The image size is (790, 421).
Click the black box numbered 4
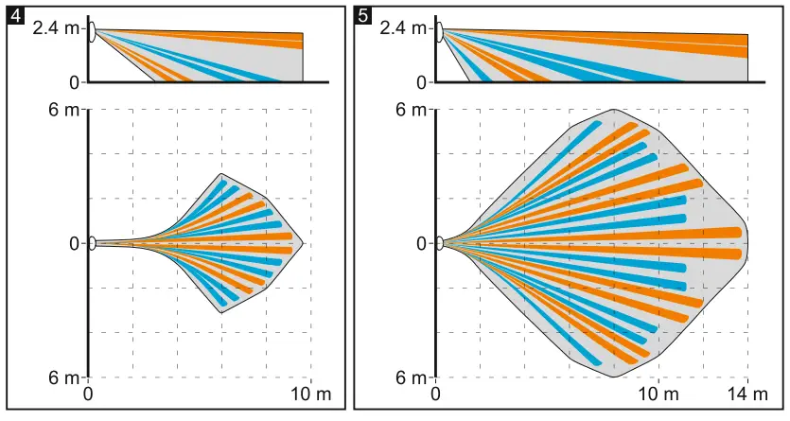point(13,13)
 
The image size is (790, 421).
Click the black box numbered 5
point(362,13)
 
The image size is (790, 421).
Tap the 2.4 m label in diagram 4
point(56,28)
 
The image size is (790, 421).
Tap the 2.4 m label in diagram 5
point(403,28)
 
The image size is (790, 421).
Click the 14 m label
point(747,394)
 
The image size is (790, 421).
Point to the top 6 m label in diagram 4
point(65,110)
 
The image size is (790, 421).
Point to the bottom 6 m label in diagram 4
point(65,378)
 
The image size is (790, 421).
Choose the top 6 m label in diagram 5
point(413,110)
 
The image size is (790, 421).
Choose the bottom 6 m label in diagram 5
point(413,378)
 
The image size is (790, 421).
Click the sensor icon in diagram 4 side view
point(92,35)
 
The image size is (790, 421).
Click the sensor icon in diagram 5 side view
point(439,35)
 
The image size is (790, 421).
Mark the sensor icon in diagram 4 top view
point(92,243)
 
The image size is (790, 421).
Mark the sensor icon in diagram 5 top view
point(439,243)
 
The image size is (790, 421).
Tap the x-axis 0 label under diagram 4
point(89,394)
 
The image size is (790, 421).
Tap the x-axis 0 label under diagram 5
point(436,394)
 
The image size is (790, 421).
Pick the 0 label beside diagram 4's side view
point(73,82)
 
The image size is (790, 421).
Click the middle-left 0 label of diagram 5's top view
point(421,244)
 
